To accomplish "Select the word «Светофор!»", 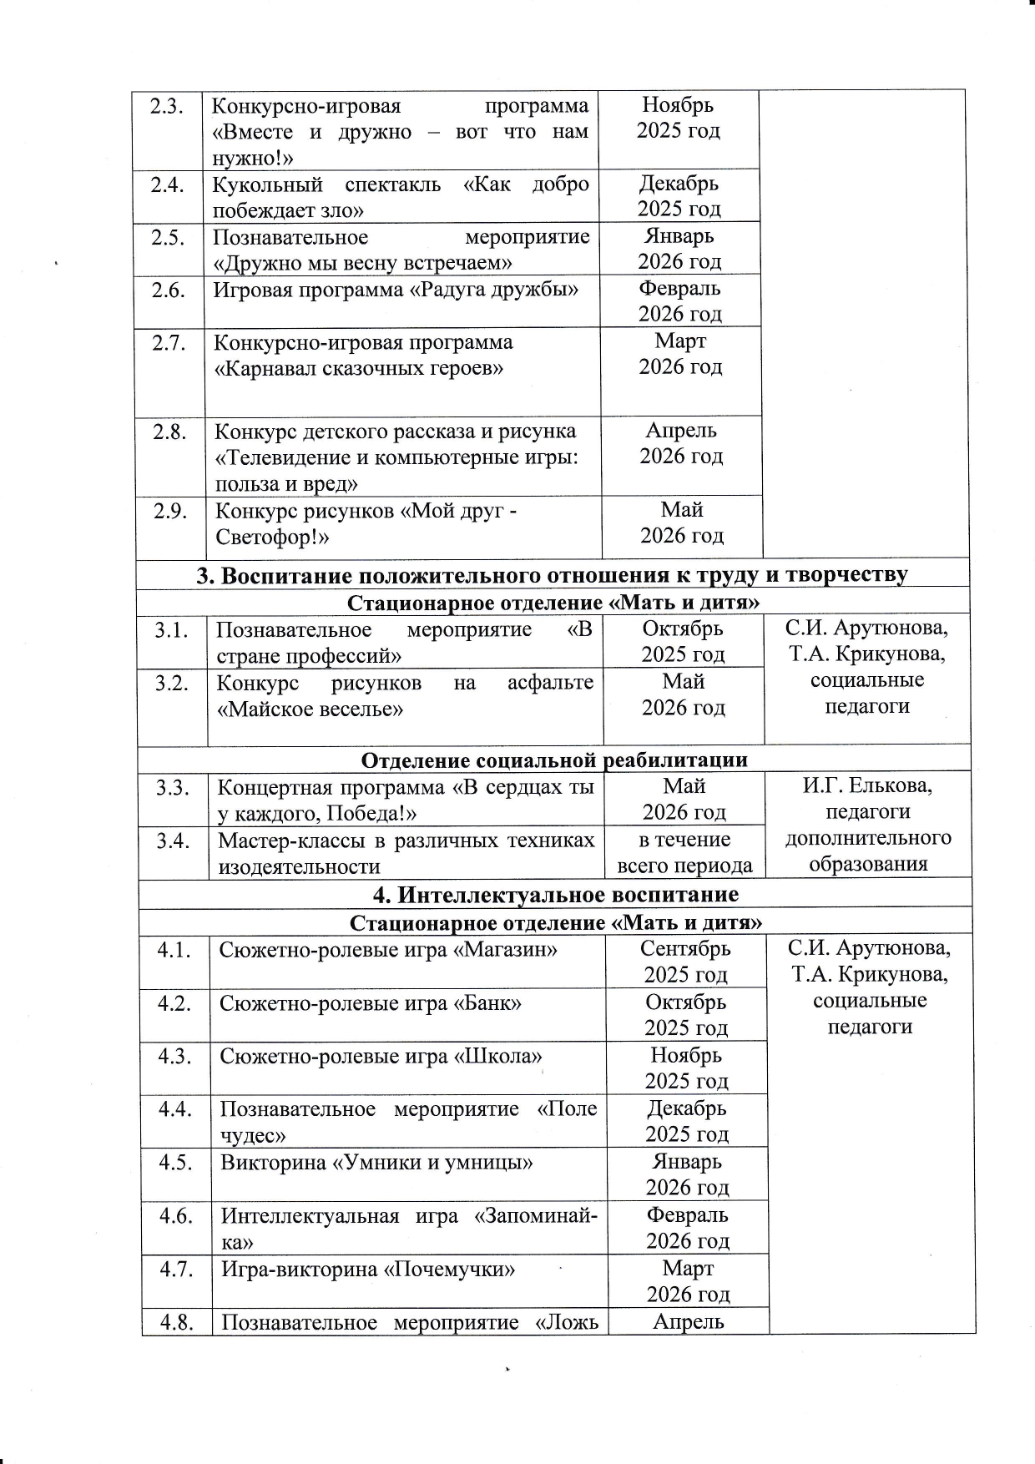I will pos(272,538).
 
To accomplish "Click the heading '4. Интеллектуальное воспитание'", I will pos(555,895).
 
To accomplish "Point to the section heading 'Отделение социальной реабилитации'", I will pos(554,760).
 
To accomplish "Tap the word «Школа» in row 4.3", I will pos(497,1057).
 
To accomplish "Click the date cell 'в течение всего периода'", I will pos(684,853).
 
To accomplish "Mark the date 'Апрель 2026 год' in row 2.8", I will pos(681,443).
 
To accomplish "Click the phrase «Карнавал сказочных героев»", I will pos(360,368).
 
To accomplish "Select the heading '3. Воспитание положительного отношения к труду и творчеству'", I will pos(552,575).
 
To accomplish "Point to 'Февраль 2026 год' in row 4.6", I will pos(688,1227).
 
